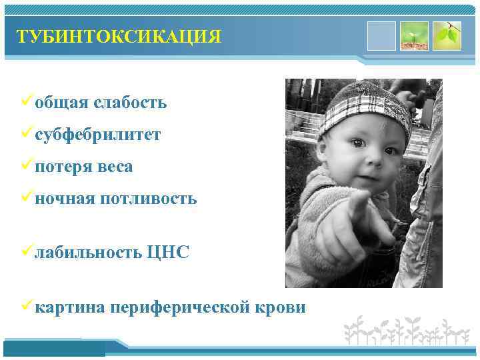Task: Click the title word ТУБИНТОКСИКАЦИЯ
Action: [119, 36]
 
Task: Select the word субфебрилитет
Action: [97, 135]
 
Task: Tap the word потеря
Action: [63, 167]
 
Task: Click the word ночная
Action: [65, 199]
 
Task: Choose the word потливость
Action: [149, 199]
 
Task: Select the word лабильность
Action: [88, 253]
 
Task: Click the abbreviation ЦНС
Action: [168, 253]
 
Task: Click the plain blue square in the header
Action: [381, 35]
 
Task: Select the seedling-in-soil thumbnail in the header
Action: [414, 35]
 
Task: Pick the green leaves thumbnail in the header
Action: [447, 35]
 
